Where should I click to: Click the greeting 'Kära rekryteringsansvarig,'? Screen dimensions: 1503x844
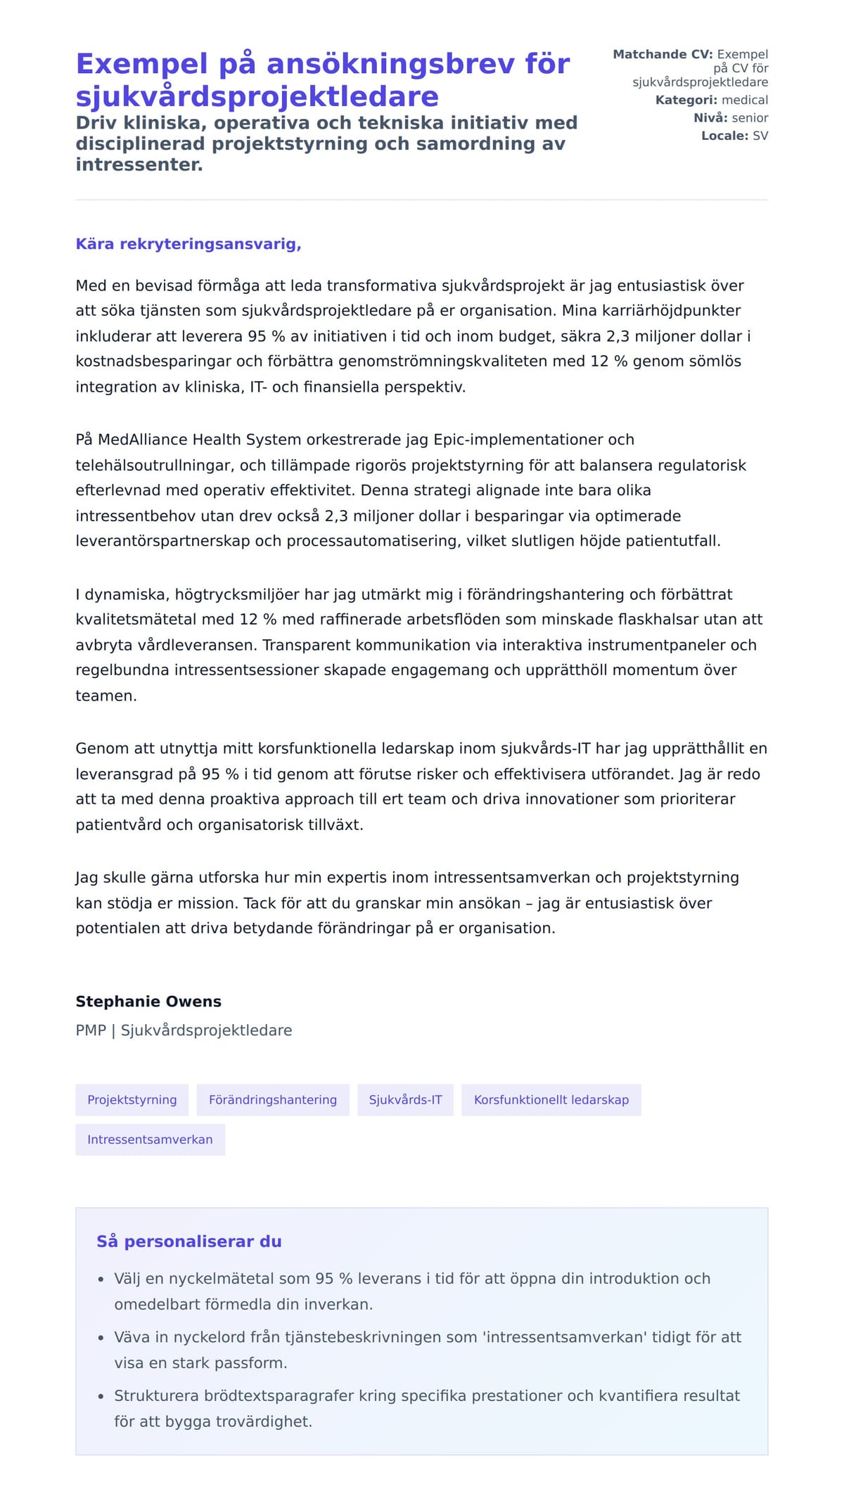pyautogui.click(x=188, y=244)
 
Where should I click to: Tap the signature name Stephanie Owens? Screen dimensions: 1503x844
pyautogui.click(x=148, y=1002)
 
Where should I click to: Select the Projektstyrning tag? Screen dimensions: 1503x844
pyautogui.click(x=132, y=1100)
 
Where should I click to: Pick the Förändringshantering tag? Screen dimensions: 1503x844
pyautogui.click(x=273, y=1100)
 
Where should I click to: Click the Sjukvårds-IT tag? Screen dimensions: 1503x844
pyautogui.click(x=405, y=1100)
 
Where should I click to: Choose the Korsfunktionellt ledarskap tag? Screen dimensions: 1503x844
pyautogui.click(x=551, y=1100)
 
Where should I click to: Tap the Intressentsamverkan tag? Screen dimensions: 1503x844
pyautogui.click(x=150, y=1139)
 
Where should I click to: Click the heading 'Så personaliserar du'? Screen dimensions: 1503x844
pyautogui.click(x=188, y=1241)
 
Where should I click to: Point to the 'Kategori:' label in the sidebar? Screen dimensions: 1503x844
pyautogui.click(x=686, y=100)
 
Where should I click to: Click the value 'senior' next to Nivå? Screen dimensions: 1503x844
pyautogui.click(x=750, y=118)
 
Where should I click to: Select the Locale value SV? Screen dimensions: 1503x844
pyautogui.click(x=760, y=136)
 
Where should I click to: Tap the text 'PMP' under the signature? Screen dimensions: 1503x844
pyautogui.click(x=91, y=1030)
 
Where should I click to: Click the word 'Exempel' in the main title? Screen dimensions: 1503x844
pyautogui.click(x=141, y=64)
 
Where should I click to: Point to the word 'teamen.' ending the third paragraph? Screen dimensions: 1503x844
pyautogui.click(x=106, y=696)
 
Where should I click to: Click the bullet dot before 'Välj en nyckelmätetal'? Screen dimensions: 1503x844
pyautogui.click(x=101, y=1279)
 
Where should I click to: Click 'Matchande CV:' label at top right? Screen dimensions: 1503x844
pyautogui.click(x=663, y=54)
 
